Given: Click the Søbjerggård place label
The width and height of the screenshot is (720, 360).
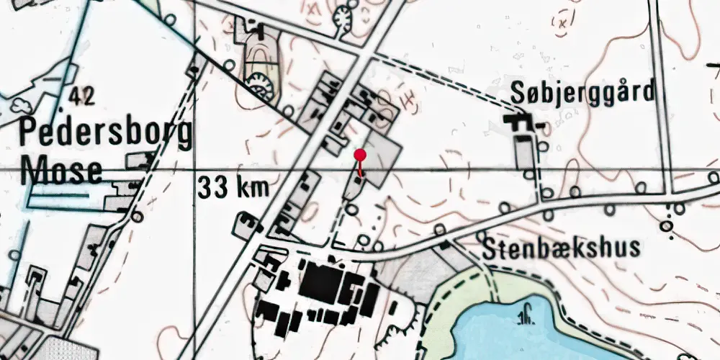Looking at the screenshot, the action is [x=583, y=93].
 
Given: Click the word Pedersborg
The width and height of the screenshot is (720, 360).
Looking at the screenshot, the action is [x=106, y=135].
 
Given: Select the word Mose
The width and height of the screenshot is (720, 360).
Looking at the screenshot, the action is [x=60, y=172].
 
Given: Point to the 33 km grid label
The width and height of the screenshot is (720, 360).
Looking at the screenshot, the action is [x=232, y=189].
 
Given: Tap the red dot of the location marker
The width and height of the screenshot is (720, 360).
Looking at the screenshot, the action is [x=360, y=154].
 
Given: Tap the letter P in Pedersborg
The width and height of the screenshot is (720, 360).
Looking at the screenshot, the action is [x=29, y=135].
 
